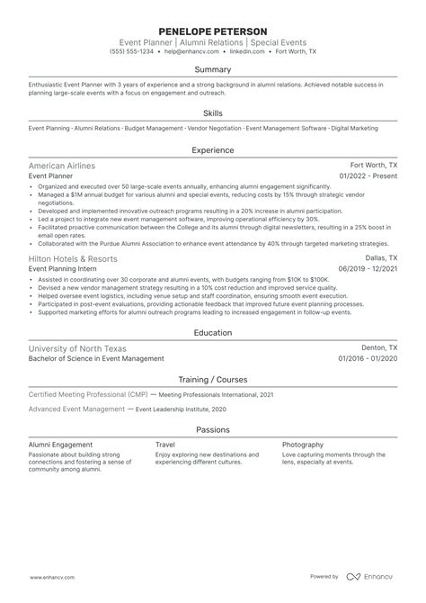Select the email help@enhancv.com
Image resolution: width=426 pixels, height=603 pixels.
pos(191,52)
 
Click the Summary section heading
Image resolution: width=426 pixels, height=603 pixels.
pos(212,70)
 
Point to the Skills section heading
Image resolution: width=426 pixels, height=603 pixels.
pos(212,113)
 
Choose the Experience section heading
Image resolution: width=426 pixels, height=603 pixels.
pos(212,151)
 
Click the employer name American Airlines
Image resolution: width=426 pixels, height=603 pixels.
pos(62,166)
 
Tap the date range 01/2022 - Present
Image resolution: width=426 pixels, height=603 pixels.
pos(367,177)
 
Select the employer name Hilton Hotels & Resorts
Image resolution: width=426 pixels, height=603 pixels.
pos(73,258)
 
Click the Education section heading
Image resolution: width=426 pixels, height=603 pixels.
pos(212,332)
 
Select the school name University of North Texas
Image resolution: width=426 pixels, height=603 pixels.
pos(78,347)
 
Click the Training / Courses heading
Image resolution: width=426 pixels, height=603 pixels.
pos(212,380)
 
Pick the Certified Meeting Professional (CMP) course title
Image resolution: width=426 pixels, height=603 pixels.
pos(87,395)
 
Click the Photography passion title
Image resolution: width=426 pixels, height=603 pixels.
pos(303,445)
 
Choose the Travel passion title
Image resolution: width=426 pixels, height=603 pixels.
pos(165,445)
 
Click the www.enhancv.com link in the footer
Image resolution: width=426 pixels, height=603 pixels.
pos(41,577)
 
